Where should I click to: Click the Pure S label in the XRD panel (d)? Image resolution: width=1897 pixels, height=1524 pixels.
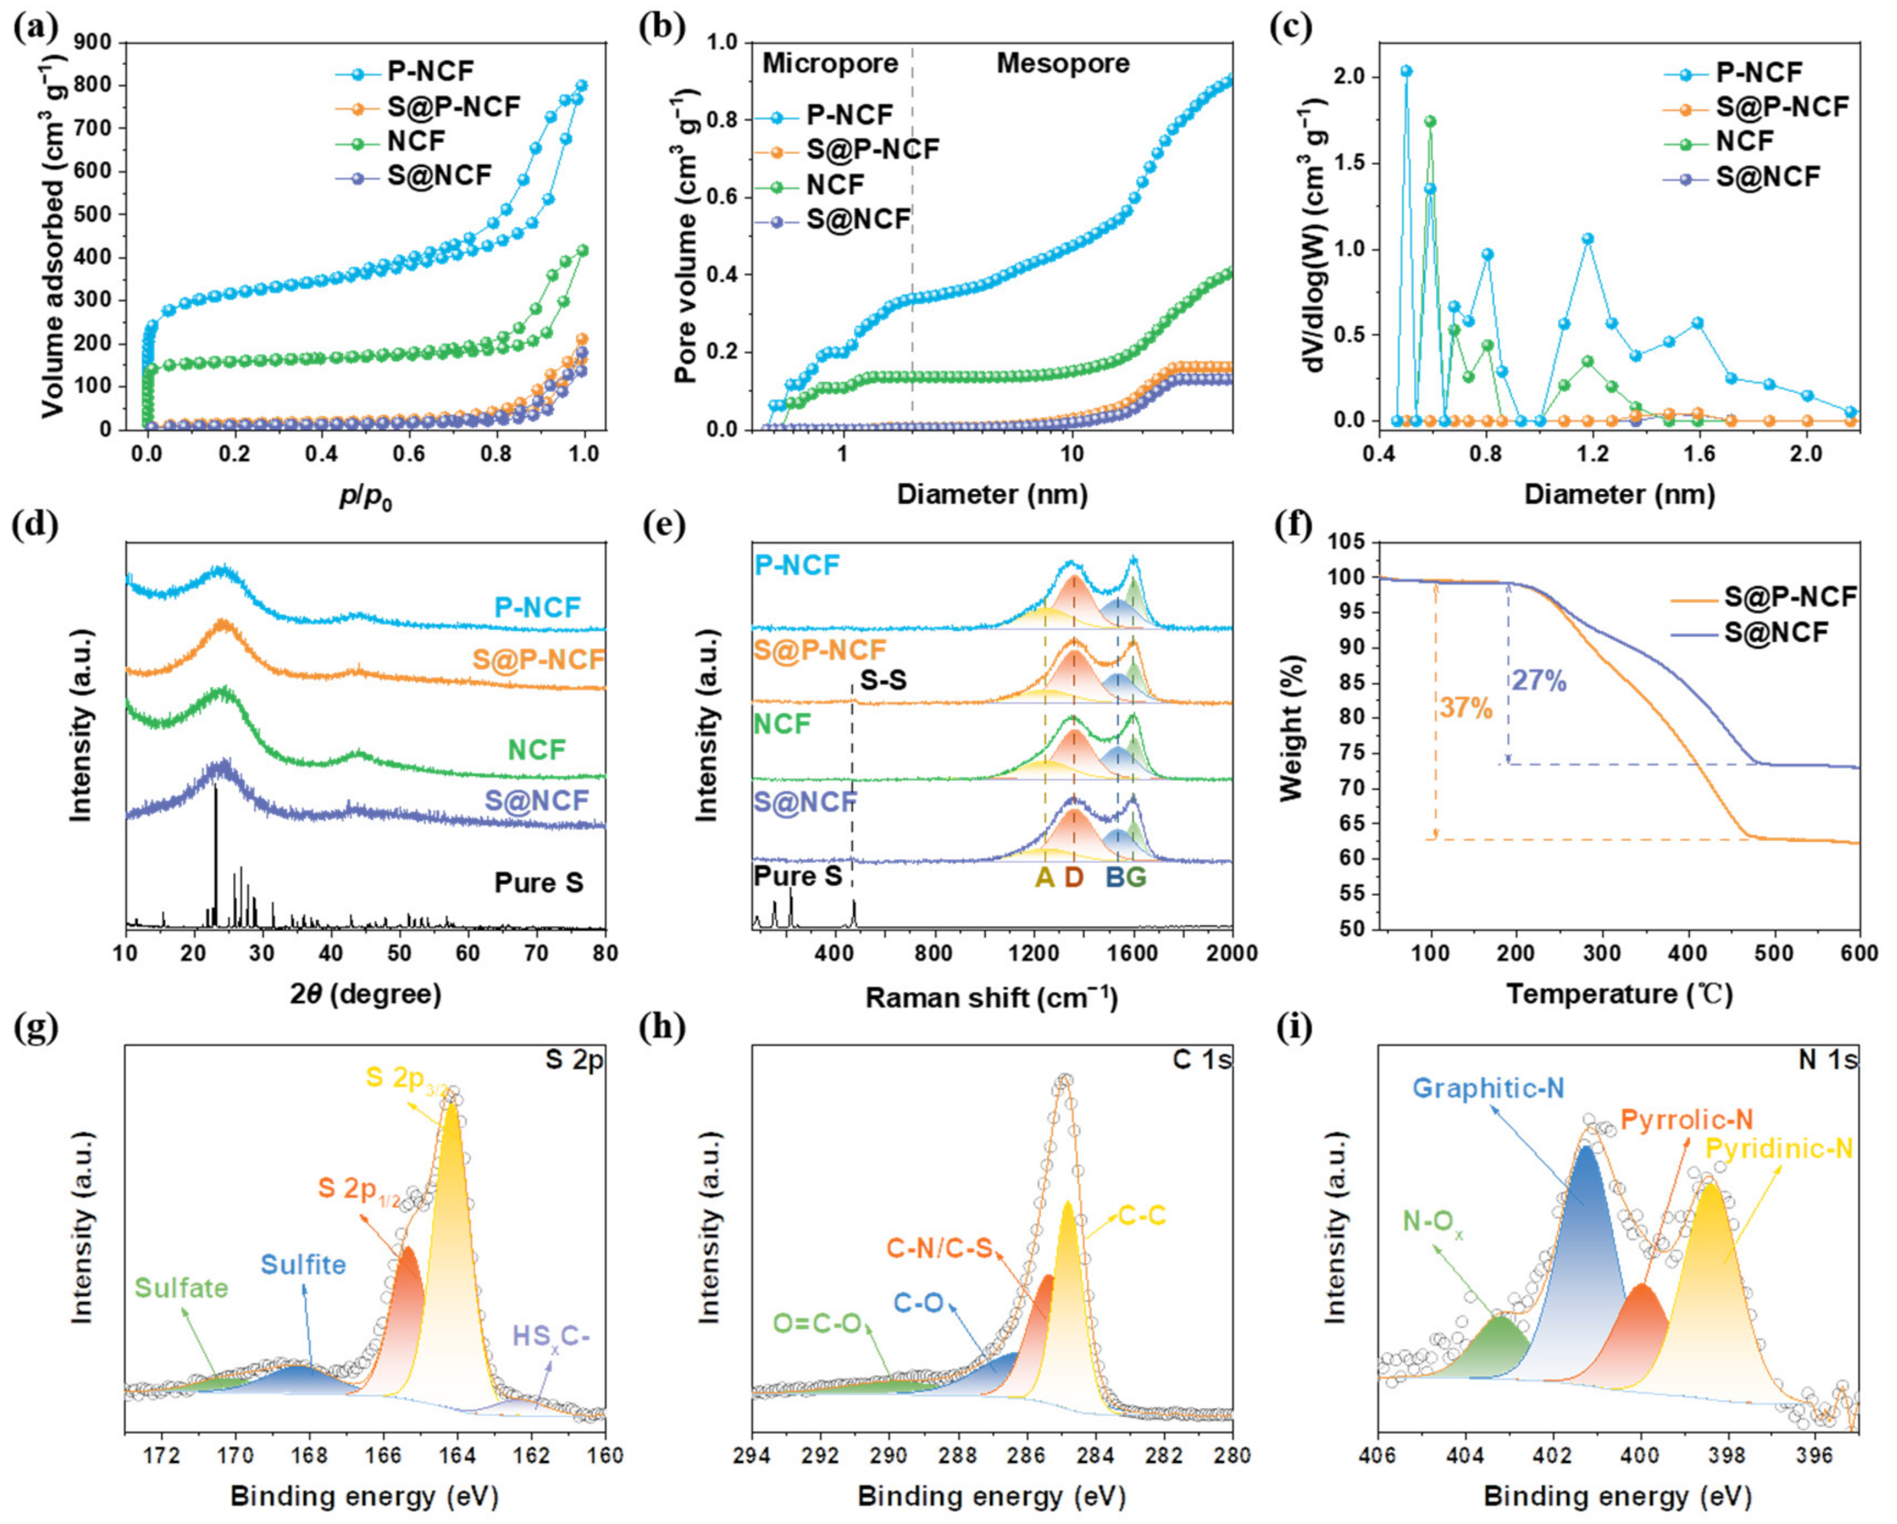point(538,883)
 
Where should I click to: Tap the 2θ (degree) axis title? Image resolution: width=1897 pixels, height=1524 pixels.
point(366,994)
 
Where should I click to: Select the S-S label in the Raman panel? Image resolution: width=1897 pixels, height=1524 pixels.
point(883,680)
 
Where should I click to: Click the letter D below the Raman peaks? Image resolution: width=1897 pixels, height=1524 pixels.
point(1074,877)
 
